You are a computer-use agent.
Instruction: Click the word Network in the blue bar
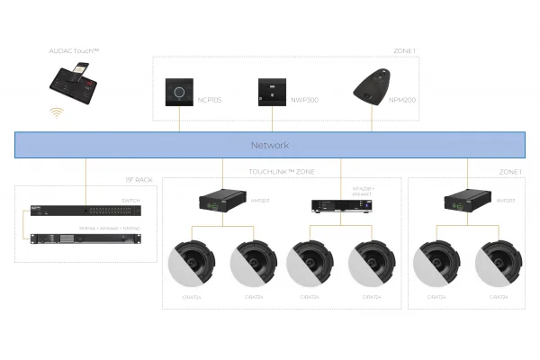269,145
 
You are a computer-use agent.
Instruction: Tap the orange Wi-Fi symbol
57,113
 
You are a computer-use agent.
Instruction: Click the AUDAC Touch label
74,55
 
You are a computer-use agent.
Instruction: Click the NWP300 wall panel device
271,91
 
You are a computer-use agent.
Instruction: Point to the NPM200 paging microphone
370,87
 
